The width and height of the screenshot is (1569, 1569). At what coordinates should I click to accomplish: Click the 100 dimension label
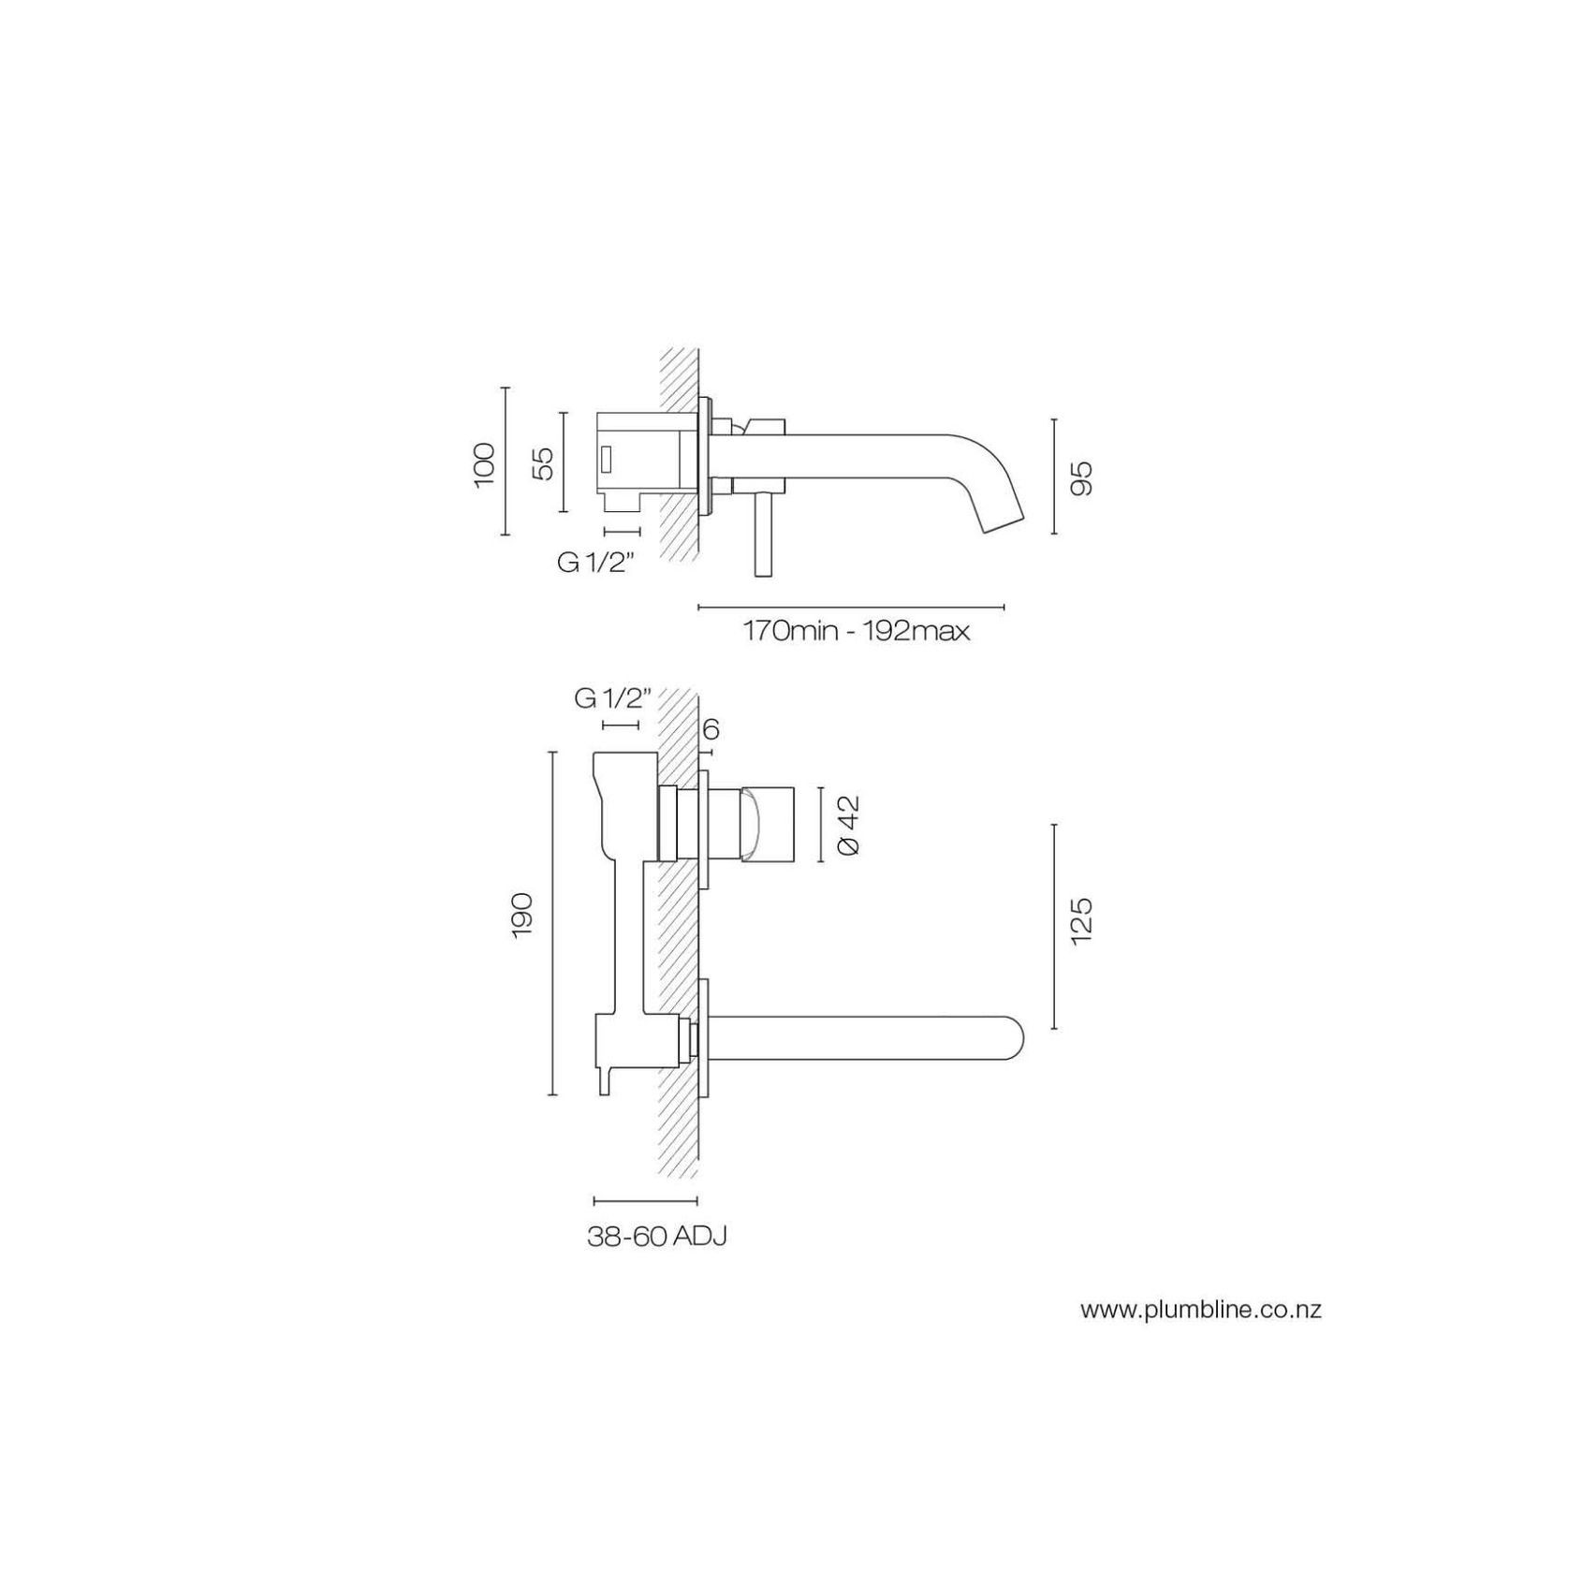pos(483,464)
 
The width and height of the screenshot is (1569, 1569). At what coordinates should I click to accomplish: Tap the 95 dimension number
pos(1081,477)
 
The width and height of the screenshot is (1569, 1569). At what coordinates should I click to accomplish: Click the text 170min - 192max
pos(856,631)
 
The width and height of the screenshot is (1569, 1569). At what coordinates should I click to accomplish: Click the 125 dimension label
pos(1081,921)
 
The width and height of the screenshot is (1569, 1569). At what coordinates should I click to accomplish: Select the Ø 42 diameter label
pos(849,825)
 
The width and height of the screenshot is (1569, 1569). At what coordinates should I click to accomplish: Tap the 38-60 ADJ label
pos(656,1237)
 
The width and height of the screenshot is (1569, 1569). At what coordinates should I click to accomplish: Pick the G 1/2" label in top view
pos(596,563)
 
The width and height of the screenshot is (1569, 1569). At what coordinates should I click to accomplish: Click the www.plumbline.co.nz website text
pos(1200,1310)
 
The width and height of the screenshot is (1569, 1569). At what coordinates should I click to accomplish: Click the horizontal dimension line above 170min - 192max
pos(851,607)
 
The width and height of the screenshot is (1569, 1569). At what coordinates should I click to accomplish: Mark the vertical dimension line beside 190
pos(552,922)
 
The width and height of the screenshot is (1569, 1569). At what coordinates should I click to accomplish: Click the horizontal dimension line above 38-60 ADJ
pos(645,1200)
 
